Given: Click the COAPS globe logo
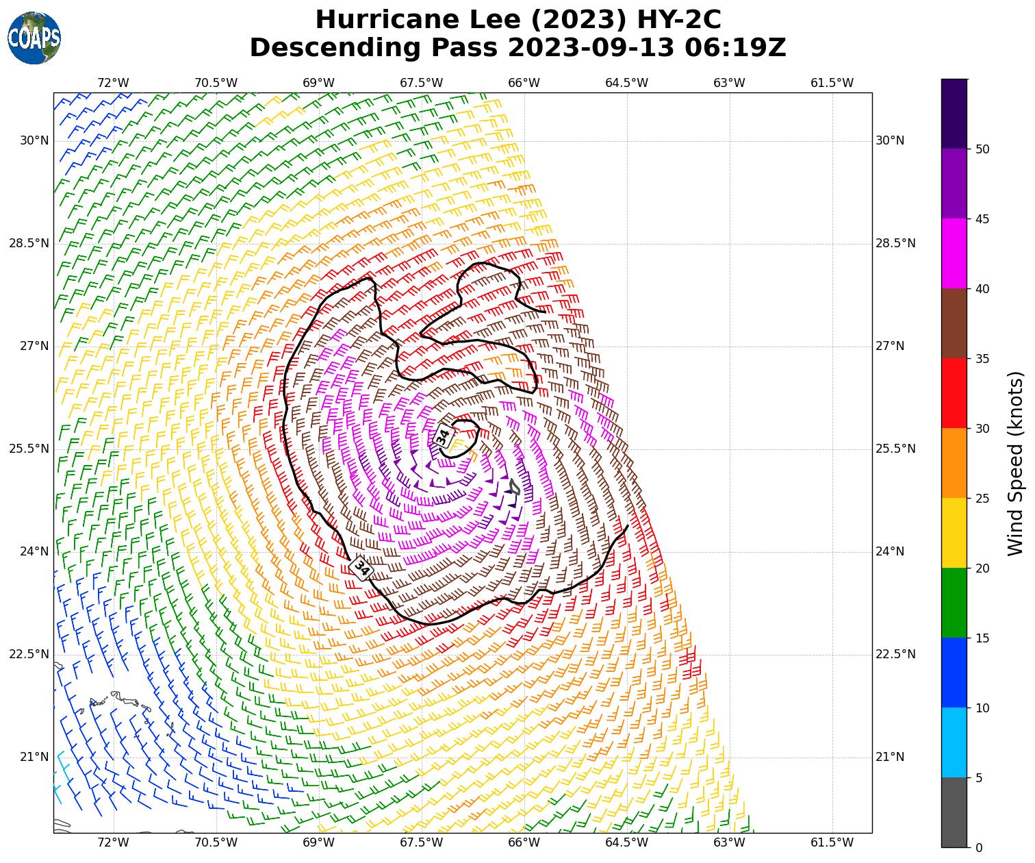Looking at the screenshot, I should pyautogui.click(x=34, y=38).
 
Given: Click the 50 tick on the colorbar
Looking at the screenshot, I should pyautogui.click(x=982, y=149).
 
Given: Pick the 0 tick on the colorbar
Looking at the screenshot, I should pyautogui.click(x=978, y=848).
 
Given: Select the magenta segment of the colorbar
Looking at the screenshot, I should pyautogui.click(x=954, y=253).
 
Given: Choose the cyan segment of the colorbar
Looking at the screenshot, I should pyautogui.click(x=954, y=742).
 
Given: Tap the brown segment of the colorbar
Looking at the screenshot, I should pyautogui.click(x=954, y=323).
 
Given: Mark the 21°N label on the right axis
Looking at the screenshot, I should pyautogui.click(x=890, y=757).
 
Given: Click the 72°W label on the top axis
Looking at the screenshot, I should pyautogui.click(x=113, y=83).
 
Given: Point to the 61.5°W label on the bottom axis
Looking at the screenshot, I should pyautogui.click(x=832, y=842).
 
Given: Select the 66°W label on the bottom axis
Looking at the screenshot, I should pyautogui.click(x=524, y=842).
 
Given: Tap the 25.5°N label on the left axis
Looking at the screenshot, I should pyautogui.click(x=29, y=449).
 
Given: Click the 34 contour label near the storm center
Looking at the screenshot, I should pyautogui.click(x=443, y=436).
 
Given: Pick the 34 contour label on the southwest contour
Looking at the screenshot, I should pyautogui.click(x=361, y=568).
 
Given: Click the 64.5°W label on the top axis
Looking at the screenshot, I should pyautogui.click(x=626, y=83).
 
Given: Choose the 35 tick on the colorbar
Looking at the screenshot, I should pyautogui.click(x=982, y=358).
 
